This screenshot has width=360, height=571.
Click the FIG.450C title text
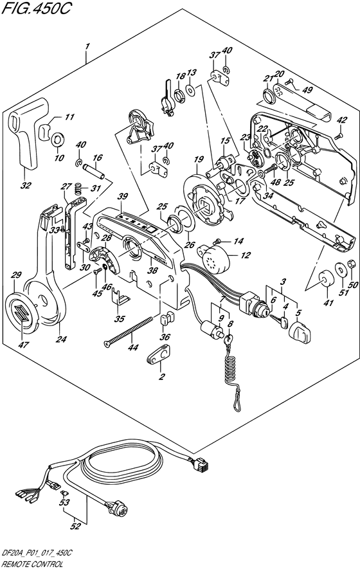point(35,8)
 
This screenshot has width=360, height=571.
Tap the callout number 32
point(25,185)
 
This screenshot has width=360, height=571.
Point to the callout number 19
point(197,159)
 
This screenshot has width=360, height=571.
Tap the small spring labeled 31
point(76,189)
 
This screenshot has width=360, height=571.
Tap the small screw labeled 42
point(339,136)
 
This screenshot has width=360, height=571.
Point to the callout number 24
point(62,340)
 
